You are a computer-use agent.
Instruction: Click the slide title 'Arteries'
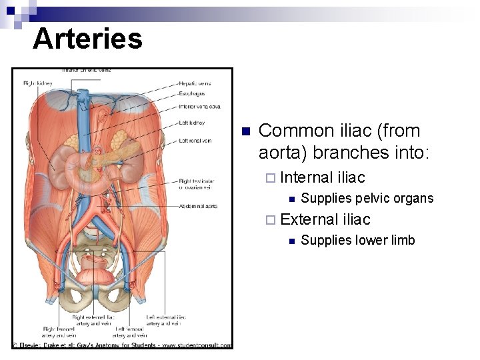87,38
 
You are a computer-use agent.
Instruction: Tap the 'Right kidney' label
38,83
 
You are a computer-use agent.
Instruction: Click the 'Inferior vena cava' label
199,106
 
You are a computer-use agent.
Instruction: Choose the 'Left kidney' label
191,123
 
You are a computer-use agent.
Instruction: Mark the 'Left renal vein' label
196,141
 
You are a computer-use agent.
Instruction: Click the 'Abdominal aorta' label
198,206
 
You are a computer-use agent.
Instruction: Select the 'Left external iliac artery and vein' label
163,321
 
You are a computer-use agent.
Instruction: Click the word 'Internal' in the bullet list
307,177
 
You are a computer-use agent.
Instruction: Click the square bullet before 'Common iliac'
245,131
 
